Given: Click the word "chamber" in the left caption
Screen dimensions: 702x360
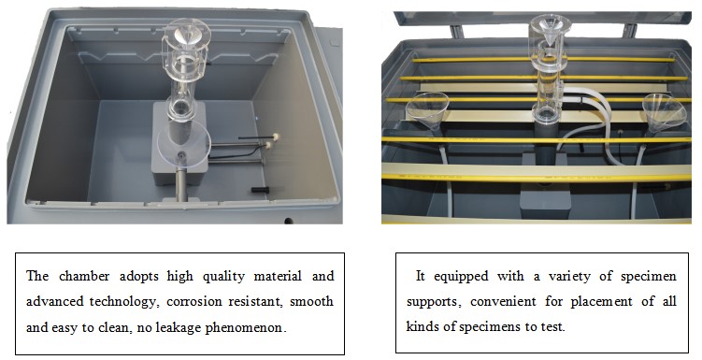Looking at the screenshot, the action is [84, 276].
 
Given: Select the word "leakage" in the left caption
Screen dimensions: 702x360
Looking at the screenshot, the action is [179, 328].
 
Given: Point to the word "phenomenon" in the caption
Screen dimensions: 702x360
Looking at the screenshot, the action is [246, 328].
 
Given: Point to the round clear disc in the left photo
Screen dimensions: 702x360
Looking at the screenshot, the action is [184, 144].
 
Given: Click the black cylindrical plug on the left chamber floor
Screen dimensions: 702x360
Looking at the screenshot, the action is [260, 190].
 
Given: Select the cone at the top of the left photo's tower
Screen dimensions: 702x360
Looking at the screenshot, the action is [188, 32].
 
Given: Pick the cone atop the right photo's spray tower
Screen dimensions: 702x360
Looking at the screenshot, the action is [551, 30].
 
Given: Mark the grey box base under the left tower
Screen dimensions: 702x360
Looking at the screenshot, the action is [179, 143].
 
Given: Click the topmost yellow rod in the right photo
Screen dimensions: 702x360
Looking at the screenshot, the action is [543, 60].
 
